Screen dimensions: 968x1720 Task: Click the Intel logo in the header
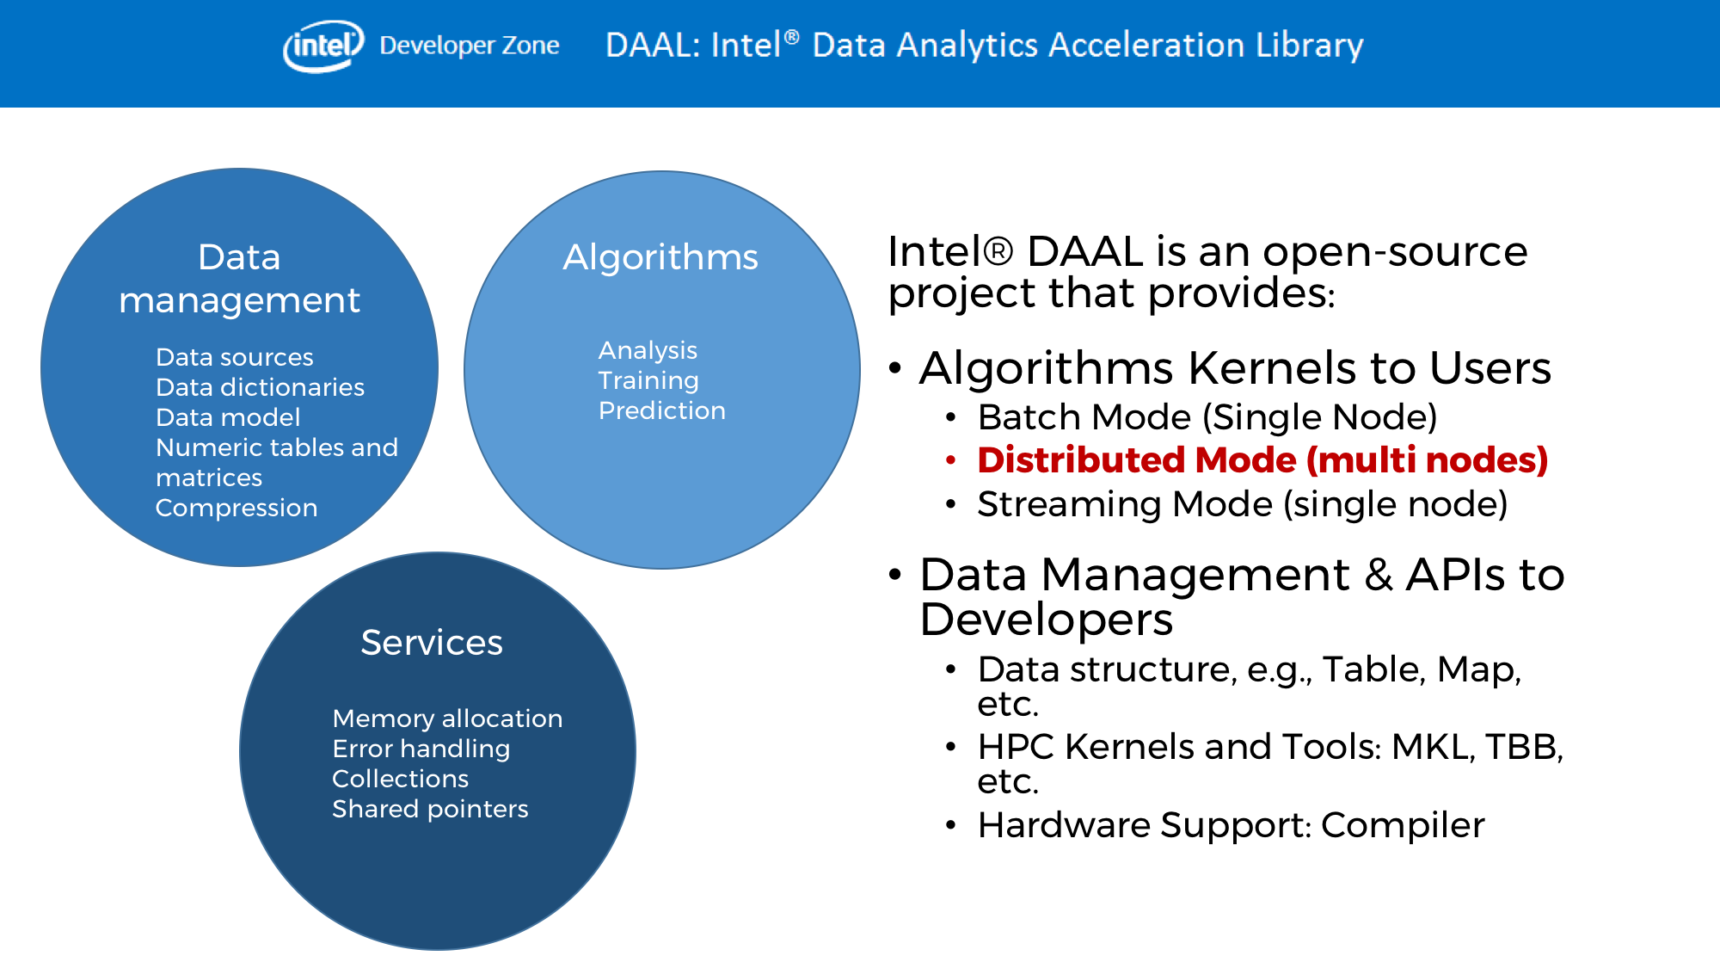323,46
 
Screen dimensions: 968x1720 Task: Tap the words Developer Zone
470,46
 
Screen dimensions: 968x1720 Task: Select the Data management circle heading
239,279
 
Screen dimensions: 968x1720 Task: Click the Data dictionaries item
260,387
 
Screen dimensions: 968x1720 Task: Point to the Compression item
236,508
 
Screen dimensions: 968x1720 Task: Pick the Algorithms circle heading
660,257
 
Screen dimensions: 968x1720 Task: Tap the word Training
648,380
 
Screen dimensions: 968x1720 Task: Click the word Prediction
662,410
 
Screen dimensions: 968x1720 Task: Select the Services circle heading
432,643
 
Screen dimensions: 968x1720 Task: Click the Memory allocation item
447,718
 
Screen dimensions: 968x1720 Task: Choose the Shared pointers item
430,809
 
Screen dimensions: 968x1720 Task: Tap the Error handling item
421,749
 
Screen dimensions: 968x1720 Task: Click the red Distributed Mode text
1262,460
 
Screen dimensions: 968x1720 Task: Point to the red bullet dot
950,460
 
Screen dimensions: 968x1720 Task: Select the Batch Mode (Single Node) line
1207,417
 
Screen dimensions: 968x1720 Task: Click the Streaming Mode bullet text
1242,504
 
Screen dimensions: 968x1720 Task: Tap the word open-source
1395,252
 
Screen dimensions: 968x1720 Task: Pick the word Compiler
1403,825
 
